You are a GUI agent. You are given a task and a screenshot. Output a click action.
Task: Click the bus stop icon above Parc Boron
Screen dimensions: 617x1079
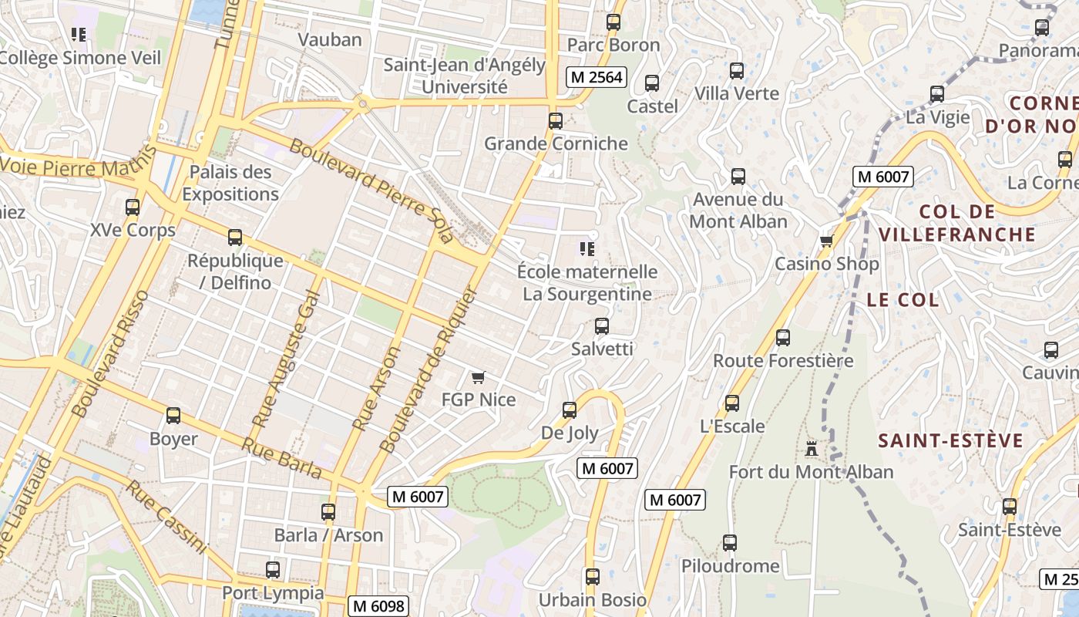point(613,22)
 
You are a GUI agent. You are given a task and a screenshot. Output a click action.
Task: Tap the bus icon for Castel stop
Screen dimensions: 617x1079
point(652,83)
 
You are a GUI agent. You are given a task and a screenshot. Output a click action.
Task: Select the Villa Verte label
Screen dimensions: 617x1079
point(737,93)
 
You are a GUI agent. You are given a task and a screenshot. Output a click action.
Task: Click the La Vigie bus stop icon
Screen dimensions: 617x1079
point(937,94)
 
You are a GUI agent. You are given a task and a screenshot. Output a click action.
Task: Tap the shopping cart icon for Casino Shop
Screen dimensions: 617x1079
point(827,241)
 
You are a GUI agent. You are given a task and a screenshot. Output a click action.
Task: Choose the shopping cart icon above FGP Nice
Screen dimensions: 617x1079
point(478,377)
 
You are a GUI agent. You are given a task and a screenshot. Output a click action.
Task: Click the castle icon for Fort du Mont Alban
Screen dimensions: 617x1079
point(811,448)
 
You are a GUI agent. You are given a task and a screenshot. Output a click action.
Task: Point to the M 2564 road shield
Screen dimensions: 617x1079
point(595,77)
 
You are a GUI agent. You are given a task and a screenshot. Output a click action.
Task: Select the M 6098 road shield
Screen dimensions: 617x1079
point(378,606)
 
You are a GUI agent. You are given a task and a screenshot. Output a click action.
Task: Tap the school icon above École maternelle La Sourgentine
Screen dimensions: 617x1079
point(587,249)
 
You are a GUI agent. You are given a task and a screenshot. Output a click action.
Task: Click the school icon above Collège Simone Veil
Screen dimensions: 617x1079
point(79,35)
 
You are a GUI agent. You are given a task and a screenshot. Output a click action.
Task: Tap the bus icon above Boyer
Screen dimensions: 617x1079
point(173,416)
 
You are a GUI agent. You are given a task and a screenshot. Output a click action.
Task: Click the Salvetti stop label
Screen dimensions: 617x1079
point(602,349)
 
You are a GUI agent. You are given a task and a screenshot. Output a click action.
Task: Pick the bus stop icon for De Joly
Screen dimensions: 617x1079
point(570,410)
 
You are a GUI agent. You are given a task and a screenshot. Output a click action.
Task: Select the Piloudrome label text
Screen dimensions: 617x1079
point(730,566)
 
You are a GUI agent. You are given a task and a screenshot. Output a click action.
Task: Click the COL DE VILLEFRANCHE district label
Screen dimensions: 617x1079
point(956,223)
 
